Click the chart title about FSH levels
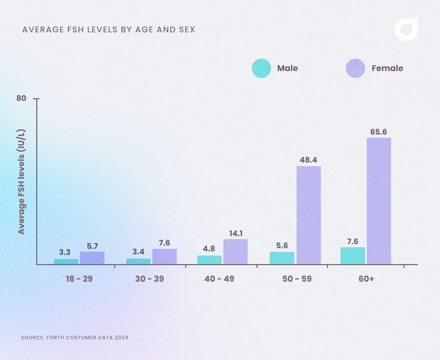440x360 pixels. [109, 30]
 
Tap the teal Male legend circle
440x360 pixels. [261, 68]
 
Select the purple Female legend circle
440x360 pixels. [356, 68]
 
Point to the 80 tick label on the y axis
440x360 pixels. [21, 98]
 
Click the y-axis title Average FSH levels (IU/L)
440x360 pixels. [21, 181]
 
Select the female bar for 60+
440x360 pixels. [379, 201]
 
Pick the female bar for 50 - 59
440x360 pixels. [308, 215]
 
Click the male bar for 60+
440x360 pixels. [352, 256]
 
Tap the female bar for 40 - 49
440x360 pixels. [235, 252]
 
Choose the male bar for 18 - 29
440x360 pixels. [66, 261]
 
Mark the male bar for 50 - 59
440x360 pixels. [282, 258]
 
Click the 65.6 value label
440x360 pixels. [379, 131]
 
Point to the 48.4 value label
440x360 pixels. [308, 160]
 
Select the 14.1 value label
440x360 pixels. [235, 233]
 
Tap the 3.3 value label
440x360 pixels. [65, 253]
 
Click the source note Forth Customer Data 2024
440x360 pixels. [74, 338]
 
